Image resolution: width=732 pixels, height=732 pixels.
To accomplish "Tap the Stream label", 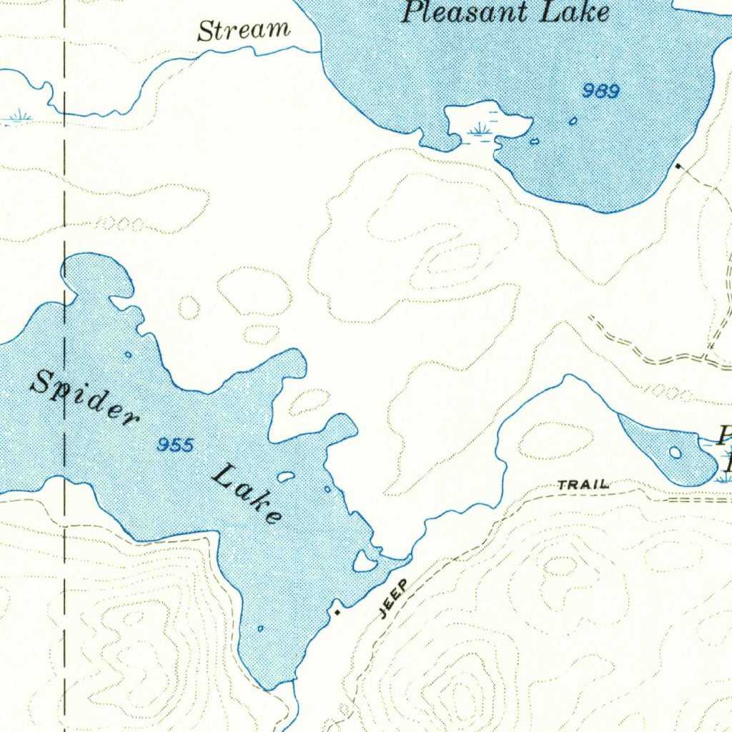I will pos(244,31).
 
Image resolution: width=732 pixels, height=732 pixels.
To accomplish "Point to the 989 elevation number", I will pos(600,91).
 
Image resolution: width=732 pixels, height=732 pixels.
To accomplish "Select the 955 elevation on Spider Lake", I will pos(175,445).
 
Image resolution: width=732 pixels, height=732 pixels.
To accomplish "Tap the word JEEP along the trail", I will pos(392,598).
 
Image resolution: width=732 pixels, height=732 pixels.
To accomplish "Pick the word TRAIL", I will pos(583,485).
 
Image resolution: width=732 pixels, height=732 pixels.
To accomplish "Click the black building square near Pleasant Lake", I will pos(678,167).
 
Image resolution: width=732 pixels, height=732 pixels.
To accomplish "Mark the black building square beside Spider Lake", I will pos(337,612).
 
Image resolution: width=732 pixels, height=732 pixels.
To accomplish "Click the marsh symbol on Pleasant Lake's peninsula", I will pos(481,129).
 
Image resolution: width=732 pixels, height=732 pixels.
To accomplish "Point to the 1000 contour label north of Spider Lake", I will pos(119,225).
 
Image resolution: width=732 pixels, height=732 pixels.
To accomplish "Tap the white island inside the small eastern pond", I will pos(675,452).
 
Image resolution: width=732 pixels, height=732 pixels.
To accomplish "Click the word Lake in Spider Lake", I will pos(247,493).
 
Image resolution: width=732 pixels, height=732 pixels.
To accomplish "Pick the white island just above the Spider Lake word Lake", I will pos(286,476).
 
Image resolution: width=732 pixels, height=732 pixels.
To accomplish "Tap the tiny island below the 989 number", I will pos(573,122).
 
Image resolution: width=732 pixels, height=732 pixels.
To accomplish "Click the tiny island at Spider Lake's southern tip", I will pos(260,628).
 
